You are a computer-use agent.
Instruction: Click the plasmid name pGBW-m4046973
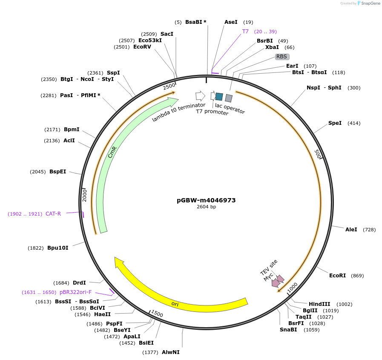(206, 200)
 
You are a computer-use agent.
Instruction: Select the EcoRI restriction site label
(337, 275)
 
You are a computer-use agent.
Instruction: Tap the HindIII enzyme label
(319, 304)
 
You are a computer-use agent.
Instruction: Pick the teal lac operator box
(219, 97)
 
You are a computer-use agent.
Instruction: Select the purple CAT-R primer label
(53, 214)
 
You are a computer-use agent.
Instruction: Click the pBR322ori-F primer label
(75, 292)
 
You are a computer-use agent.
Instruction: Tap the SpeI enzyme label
(335, 123)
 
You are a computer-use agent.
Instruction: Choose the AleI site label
(351, 229)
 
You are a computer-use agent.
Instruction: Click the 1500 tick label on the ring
(157, 314)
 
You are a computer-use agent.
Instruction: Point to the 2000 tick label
(85, 196)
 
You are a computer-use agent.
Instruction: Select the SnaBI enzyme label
(288, 329)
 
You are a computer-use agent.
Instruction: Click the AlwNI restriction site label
(170, 352)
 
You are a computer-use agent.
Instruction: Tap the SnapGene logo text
(371, 3)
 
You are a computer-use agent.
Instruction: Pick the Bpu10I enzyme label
(58, 248)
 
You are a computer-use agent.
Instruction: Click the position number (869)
(357, 276)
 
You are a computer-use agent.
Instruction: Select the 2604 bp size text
(207, 207)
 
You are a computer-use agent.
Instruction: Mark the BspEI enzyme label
(58, 171)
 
